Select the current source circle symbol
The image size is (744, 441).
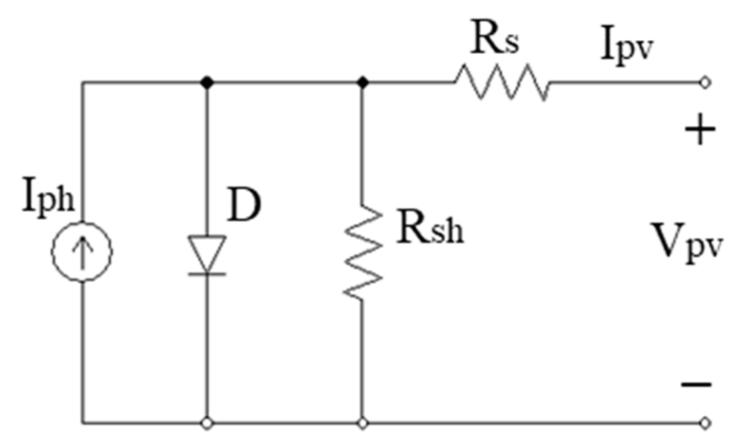point(82,251)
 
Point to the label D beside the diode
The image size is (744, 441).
point(244,205)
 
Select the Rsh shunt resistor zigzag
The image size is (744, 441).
point(363,250)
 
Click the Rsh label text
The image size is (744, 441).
point(429,228)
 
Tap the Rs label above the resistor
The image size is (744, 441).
point(494,40)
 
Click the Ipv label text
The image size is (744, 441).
point(627,47)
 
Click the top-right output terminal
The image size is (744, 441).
point(705,83)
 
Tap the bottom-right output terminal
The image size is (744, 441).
point(705,423)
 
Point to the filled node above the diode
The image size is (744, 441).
point(207,82)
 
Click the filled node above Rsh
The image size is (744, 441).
point(363,82)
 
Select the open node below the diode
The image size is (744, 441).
point(207,423)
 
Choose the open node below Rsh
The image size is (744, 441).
point(363,423)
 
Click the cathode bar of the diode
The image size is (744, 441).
point(207,273)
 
